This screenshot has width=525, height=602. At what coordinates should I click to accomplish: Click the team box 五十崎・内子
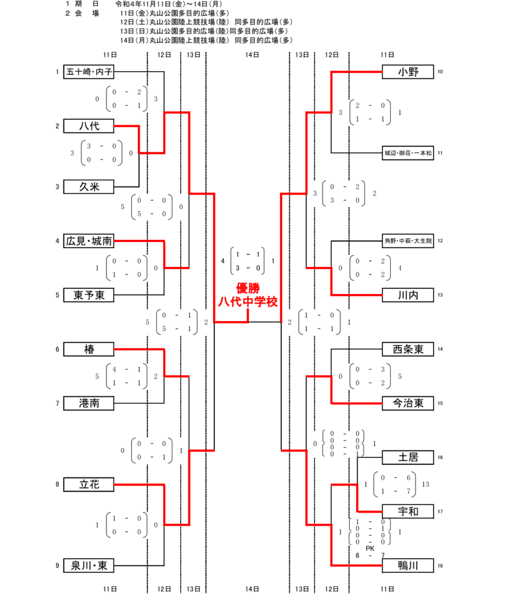coord(89,72)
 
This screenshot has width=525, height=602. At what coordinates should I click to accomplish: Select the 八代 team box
coord(89,126)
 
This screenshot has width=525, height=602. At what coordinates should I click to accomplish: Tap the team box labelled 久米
coord(89,187)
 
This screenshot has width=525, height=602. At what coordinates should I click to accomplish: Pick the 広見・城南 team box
coord(89,241)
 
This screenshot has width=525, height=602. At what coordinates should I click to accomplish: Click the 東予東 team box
coord(89,295)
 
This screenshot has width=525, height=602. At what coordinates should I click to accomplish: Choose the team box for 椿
coord(89,349)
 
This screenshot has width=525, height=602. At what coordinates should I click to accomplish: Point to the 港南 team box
coord(89,403)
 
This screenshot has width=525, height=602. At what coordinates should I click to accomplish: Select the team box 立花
coord(89,484)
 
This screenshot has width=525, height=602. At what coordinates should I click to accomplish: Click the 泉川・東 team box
coord(89,566)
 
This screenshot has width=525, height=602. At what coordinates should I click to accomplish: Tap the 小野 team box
coord(408,72)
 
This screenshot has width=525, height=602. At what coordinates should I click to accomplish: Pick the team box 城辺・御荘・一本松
coord(408,153)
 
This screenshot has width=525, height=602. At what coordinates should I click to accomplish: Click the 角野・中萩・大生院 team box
coord(408,241)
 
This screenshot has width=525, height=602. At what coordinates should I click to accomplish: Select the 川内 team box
coord(408,295)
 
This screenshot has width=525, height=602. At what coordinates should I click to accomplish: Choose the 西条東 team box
coord(408,349)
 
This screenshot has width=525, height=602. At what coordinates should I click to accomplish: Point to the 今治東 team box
coord(408,403)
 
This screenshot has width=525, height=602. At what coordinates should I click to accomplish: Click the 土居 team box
coord(408,457)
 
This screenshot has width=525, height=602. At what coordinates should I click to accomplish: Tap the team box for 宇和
coord(408,511)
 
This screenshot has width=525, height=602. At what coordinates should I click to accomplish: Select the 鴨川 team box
coord(408,566)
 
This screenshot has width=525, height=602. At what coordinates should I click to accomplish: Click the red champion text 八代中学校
coord(248,302)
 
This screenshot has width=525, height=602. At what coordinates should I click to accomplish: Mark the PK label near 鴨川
coord(370,549)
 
